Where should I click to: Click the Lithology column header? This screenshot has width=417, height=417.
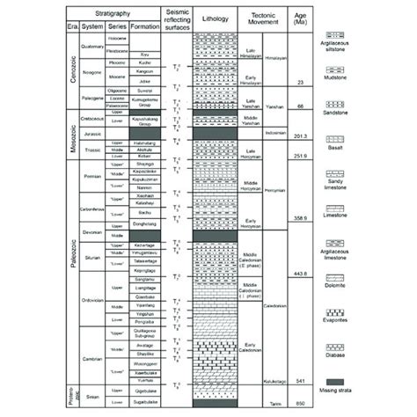coord(215,18)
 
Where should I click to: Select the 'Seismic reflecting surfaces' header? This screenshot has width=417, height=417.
coord(173,18)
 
